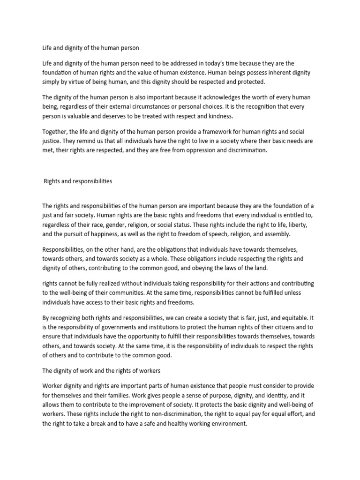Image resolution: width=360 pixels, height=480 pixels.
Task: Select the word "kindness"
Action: pyautogui.click(x=215, y=116)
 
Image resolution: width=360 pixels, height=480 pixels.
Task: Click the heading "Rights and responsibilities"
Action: pyautogui.click(x=78, y=181)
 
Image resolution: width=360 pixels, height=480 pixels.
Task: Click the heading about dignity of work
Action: pyautogui.click(x=102, y=371)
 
